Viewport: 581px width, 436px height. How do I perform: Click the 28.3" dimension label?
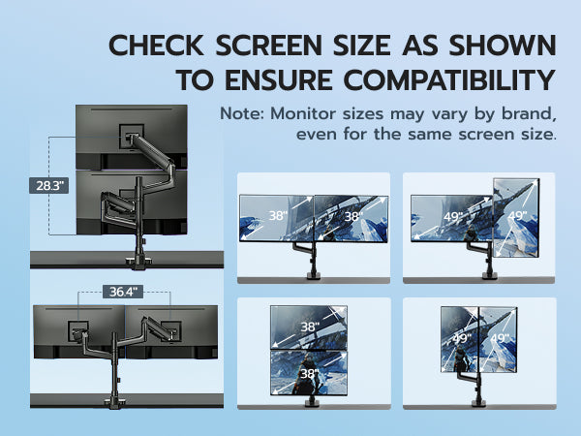[x=49, y=185]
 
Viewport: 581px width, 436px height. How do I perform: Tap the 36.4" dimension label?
[x=123, y=292]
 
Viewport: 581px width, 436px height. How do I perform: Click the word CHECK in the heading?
[x=156, y=46]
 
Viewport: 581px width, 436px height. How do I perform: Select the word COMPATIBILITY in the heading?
[x=449, y=80]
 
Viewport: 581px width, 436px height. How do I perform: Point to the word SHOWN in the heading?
[x=503, y=46]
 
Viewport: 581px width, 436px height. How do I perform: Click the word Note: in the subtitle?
[x=242, y=113]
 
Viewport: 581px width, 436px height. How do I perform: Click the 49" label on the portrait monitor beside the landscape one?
[x=517, y=216]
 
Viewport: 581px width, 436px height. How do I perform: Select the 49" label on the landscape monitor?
[x=453, y=217]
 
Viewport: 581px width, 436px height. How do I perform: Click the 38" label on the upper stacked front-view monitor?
[x=310, y=327]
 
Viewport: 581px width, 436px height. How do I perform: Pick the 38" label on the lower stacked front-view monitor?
[x=310, y=374]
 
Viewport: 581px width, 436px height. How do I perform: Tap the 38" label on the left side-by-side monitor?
[x=278, y=215]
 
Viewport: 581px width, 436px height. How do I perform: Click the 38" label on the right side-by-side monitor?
[x=353, y=216]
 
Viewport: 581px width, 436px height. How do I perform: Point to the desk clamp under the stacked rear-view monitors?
[x=138, y=263]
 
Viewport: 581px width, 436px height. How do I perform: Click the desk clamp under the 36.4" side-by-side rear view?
[x=115, y=403]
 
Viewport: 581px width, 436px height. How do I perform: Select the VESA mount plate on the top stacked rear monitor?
[x=131, y=136]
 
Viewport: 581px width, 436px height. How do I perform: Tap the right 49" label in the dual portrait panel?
[x=500, y=338]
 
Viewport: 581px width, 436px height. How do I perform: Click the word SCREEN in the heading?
[x=268, y=46]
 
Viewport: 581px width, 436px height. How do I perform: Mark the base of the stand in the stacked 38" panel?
[x=314, y=403]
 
